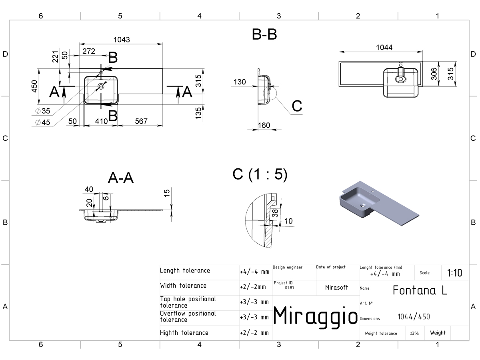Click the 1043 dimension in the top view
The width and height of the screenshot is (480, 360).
(x=122, y=40)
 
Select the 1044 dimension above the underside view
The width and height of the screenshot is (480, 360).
(x=384, y=48)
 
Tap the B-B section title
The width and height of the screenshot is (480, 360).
(x=264, y=34)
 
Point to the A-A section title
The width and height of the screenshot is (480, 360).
(x=121, y=178)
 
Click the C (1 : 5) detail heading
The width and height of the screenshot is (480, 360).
(x=260, y=174)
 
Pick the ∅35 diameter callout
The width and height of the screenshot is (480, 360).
(x=43, y=111)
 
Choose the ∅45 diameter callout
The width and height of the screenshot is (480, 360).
(x=43, y=122)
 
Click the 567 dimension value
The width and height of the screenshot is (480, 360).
(x=141, y=121)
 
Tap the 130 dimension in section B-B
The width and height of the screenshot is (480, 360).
(x=240, y=82)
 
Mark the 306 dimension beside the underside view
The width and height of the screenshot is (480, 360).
(x=434, y=74)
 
